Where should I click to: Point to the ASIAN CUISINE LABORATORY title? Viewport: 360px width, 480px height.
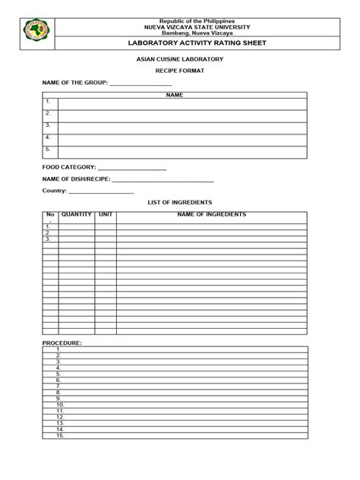[180, 58]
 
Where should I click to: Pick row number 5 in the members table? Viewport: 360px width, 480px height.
[48, 150]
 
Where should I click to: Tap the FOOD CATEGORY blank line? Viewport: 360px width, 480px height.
[132, 168]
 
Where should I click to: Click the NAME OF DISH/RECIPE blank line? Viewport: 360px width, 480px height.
[163, 180]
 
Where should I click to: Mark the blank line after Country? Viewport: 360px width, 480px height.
[100, 193]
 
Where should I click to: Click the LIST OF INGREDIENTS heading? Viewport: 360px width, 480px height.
[179, 204]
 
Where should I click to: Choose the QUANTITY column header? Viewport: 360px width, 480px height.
[77, 215]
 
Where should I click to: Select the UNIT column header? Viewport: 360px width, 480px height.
[106, 215]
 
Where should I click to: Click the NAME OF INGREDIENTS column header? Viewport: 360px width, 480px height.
[211, 215]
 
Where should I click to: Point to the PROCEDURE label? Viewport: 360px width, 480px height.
[62, 343]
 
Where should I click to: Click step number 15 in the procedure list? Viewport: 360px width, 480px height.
[60, 435]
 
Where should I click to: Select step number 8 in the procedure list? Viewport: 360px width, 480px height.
[59, 392]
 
